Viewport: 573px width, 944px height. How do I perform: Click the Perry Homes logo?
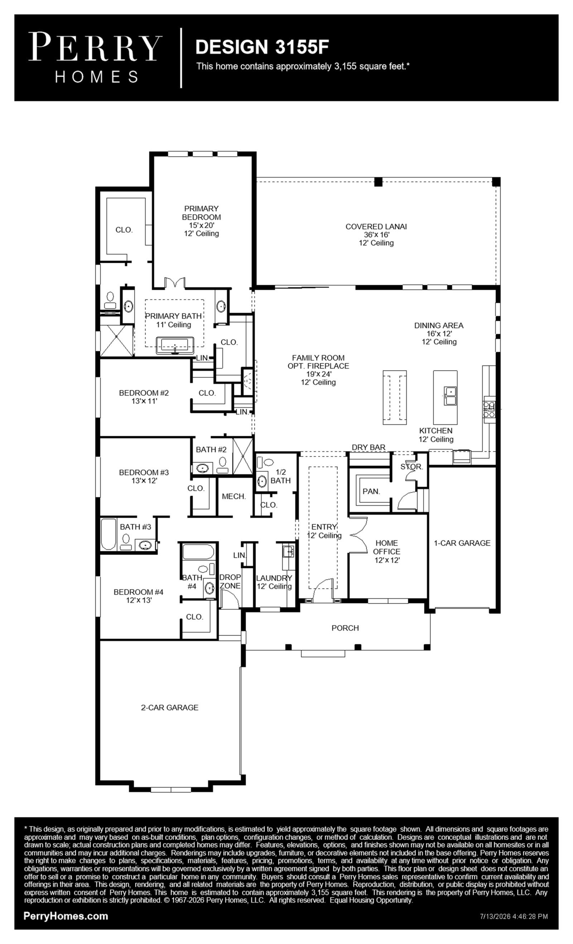95,58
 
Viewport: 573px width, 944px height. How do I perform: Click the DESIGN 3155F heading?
262,47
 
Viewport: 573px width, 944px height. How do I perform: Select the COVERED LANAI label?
376,226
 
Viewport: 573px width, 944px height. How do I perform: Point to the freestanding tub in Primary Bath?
175,345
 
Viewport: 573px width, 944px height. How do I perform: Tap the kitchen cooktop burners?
489,409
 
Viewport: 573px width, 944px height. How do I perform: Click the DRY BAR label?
369,447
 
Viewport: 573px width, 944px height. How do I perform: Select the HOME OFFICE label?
386,547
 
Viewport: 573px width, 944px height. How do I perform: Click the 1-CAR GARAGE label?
462,543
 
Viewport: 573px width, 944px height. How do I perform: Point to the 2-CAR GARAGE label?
170,708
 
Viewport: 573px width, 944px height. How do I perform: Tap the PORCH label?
345,628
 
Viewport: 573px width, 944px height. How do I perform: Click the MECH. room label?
233,497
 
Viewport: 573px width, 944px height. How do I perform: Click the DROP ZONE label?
230,581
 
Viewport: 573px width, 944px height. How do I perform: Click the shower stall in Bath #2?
243,456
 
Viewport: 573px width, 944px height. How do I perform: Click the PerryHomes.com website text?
66,916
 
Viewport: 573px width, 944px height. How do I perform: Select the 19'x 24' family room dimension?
319,374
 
